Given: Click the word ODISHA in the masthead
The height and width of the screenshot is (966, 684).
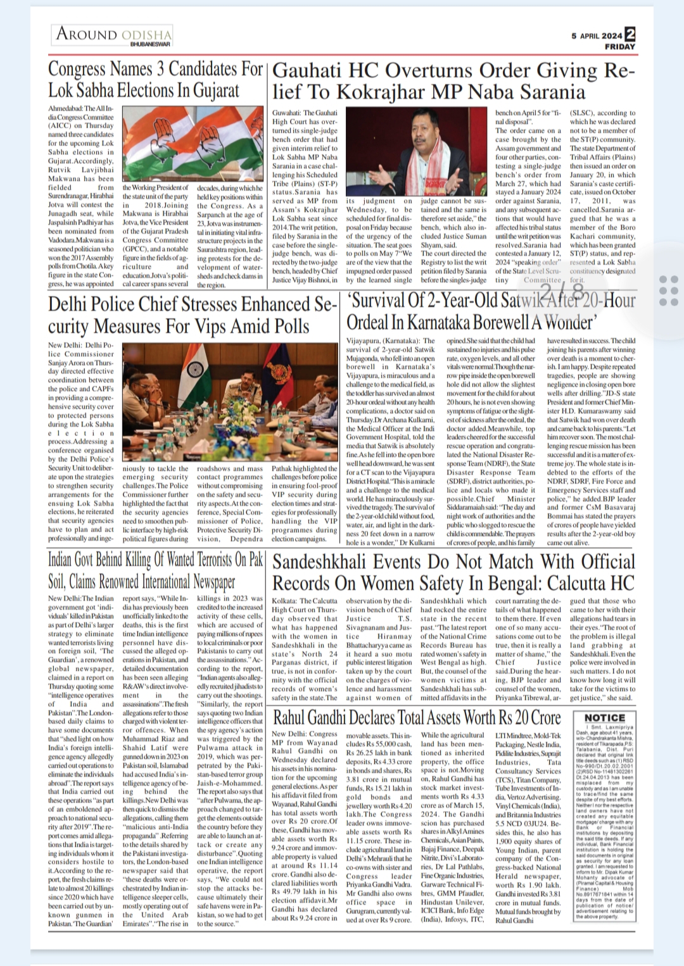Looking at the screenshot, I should pos(146,34).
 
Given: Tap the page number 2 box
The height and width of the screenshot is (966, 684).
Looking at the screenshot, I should pos(630,34).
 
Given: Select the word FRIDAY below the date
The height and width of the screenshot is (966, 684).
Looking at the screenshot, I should pos(619,46).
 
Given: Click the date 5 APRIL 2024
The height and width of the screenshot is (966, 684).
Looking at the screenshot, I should pos(597,35).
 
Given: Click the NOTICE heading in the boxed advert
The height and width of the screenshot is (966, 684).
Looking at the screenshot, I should pos(604,717).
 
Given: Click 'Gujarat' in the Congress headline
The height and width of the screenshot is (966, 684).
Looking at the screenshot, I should pos(212,91).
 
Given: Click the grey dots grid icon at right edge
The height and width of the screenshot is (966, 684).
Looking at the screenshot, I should pos(668,291).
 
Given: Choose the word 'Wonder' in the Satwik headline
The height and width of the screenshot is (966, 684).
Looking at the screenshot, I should pos(566,323).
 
